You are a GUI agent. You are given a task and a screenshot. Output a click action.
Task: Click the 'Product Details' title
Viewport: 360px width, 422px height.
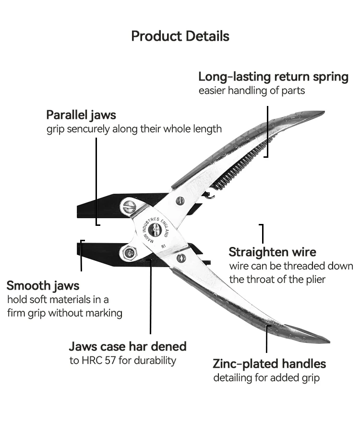(x=180, y=36)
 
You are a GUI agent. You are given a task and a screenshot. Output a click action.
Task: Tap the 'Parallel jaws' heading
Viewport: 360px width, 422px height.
(x=81, y=115)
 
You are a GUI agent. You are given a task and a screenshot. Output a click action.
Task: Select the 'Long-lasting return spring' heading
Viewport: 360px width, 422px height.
(x=273, y=77)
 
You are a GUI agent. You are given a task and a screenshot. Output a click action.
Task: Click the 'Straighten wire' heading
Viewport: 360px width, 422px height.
(x=273, y=252)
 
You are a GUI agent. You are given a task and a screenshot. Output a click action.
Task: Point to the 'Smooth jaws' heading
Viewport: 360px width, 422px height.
(x=43, y=286)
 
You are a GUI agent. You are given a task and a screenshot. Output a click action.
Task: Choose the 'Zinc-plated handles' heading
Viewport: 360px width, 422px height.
(x=269, y=364)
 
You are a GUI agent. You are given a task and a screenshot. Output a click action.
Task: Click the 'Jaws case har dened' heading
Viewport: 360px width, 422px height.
(x=128, y=346)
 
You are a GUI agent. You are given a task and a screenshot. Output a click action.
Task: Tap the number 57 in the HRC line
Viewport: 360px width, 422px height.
(x=110, y=360)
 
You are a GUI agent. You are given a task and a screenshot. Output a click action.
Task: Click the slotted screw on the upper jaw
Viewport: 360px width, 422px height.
(x=128, y=207)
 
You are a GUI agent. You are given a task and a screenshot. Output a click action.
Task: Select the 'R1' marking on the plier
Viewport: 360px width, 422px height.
(x=164, y=246)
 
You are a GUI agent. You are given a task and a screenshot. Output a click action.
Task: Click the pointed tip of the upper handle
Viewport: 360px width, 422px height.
(x=324, y=112)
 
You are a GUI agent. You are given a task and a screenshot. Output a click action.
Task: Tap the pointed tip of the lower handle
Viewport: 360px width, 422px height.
(x=329, y=341)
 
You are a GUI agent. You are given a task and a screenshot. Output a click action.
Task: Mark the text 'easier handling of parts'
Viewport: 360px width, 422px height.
(x=252, y=91)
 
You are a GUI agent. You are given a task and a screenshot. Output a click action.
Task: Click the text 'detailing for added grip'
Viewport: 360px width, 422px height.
(x=266, y=378)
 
